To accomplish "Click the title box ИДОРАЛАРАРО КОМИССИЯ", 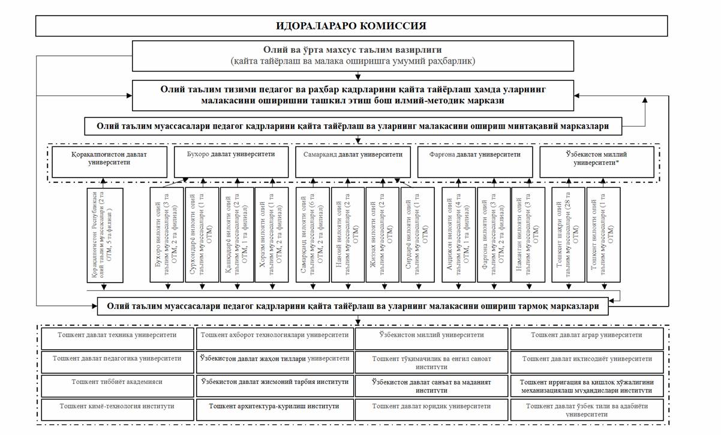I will pos(351,26).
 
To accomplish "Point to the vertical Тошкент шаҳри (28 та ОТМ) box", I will pos(568,235).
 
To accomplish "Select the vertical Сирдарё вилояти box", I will pos(416,235).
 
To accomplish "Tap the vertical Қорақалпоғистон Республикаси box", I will pos(105,235).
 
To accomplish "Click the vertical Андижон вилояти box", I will pos(458,235).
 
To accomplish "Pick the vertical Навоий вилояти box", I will pos(346,235).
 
